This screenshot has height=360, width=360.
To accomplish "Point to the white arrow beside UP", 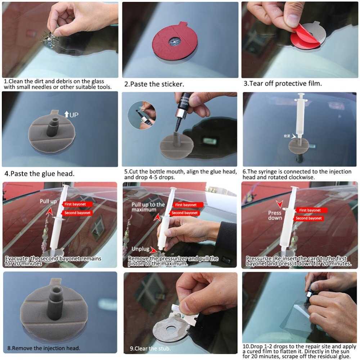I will pos(66,114).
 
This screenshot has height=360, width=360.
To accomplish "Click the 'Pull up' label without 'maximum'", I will pos(48,201).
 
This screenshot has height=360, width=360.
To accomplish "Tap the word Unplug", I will pos(140,249).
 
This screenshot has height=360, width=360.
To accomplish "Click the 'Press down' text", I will pos(275,215).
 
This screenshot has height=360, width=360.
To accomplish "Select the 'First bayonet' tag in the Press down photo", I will pos(310,210).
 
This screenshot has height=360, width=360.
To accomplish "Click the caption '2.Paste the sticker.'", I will pos(154,84).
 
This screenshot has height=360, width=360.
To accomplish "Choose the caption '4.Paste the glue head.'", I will pos(40,174).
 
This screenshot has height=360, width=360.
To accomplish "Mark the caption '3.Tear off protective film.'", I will pos(283,84).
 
